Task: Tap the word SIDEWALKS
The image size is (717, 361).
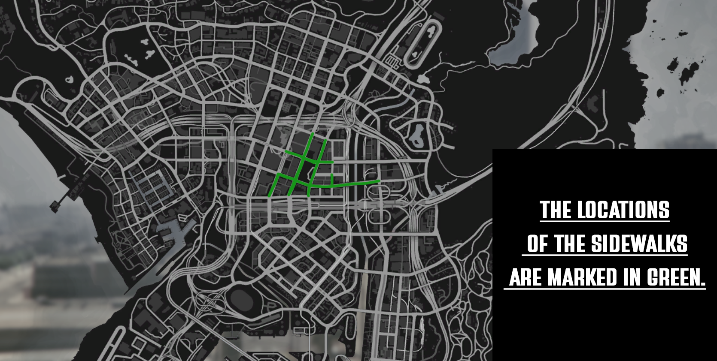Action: tap(639, 244)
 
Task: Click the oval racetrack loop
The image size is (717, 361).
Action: tap(423, 43)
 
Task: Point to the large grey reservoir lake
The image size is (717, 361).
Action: tap(515, 43)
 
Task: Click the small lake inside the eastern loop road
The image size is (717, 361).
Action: tap(416, 135)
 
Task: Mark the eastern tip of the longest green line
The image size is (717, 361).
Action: tap(379, 181)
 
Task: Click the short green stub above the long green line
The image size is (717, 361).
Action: tap(332, 180)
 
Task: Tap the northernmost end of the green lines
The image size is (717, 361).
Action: tap(313, 134)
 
